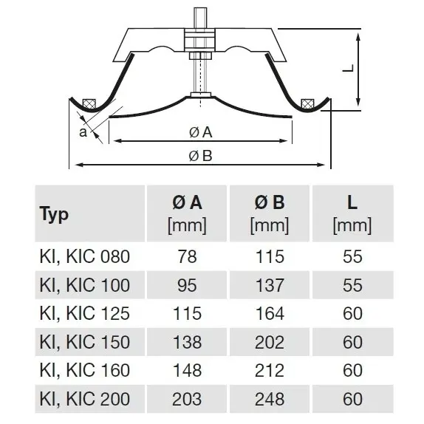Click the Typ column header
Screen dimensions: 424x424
[54, 214]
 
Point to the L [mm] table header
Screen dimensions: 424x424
[352, 213]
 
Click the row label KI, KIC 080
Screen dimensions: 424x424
[85, 256]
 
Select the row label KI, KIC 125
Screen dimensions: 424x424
[85, 313]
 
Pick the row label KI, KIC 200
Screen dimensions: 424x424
[85, 399]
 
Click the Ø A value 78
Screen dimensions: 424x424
[187, 256]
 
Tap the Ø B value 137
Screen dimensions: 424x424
[270, 285]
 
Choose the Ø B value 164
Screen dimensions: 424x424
[270, 313]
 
